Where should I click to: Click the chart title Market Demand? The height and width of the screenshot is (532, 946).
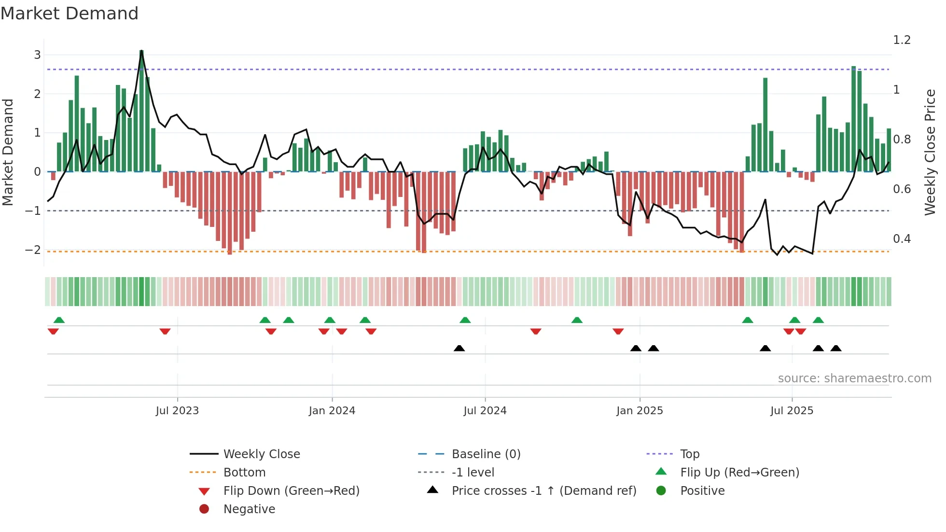point(70,14)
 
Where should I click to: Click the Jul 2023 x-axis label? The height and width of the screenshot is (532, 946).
point(177,411)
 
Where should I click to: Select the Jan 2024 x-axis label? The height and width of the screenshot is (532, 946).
point(332,411)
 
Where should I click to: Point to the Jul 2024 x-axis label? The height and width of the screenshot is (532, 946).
point(485,411)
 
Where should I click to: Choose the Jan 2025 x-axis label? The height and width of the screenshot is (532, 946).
point(640,411)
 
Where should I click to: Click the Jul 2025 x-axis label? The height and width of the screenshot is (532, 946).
point(792,411)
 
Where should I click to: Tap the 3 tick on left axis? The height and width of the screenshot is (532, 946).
point(37,55)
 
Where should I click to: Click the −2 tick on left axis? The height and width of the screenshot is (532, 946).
point(33,250)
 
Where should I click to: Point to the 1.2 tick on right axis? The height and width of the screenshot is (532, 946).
point(902,40)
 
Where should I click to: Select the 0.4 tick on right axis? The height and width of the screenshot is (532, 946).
point(902,239)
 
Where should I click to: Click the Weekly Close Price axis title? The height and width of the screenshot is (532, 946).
point(930,152)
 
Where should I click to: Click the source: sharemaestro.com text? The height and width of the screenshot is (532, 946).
point(854,378)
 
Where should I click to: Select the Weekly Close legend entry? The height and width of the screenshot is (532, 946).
point(261,454)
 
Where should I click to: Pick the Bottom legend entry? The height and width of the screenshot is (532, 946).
point(244,473)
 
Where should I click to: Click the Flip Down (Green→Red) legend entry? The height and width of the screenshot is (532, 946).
point(291,491)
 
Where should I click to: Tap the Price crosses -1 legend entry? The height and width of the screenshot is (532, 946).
point(543,491)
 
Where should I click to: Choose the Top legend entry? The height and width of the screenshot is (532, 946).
point(690,454)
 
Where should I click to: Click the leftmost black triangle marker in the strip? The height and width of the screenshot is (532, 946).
point(459,348)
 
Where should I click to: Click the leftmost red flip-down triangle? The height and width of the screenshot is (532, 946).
point(53,331)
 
